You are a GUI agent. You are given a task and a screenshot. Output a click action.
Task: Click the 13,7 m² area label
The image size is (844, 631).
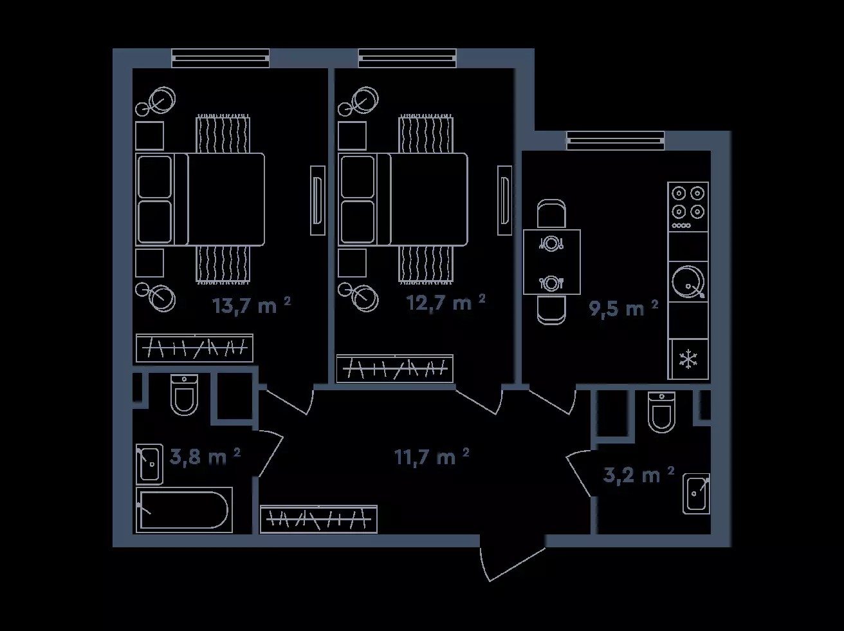tap(252, 306)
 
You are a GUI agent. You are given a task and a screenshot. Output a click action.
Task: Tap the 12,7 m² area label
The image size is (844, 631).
tap(446, 303)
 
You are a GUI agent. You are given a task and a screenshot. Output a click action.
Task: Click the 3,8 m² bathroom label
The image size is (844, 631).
tap(205, 457)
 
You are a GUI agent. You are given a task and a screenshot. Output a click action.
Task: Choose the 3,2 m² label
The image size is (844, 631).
tap(639, 476)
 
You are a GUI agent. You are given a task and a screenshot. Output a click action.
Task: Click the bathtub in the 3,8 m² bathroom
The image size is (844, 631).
tap(184, 510)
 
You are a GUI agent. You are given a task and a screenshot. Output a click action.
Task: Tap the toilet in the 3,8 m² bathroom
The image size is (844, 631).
tap(184, 394)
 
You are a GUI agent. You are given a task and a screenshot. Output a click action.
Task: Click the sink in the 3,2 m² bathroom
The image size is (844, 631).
tap(696, 494)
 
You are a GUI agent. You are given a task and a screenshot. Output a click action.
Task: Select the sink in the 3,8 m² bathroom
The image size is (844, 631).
tap(149, 464)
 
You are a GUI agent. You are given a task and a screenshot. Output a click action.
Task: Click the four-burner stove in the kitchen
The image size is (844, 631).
tap(688, 207)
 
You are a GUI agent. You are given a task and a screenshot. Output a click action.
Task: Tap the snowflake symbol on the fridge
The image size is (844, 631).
tap(688, 360)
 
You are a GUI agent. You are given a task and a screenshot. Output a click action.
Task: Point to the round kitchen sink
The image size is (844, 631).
tap(688, 281)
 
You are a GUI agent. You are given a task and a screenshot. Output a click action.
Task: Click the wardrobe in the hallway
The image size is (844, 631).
tap(318, 520)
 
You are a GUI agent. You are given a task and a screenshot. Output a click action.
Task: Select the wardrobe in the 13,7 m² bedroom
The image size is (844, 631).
tap(194, 348)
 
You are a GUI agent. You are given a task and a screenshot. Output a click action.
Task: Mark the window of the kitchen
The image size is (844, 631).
tap(616, 140)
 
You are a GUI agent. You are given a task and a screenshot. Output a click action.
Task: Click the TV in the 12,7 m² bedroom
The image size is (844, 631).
tap(504, 200)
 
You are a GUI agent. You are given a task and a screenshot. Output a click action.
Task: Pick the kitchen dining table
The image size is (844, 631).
tap(552, 262)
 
